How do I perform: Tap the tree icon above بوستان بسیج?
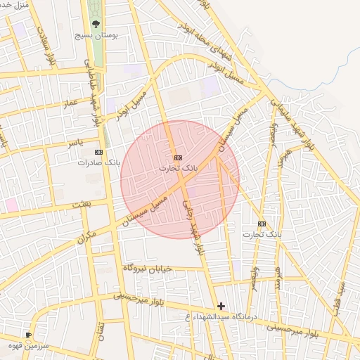[95, 23]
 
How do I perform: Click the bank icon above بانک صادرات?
[98, 152]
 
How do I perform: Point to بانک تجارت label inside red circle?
[179, 168]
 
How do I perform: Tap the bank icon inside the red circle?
[178, 157]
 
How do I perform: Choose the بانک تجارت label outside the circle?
[262, 233]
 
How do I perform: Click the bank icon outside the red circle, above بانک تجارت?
[262, 224]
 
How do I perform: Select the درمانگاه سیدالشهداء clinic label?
[222, 317]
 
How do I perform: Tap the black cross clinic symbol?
[221, 306]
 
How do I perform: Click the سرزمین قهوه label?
[28, 345]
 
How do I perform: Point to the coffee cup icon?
[28, 335]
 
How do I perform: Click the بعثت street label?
[82, 204]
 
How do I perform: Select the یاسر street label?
[75, 143]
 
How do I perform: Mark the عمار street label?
[70, 103]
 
